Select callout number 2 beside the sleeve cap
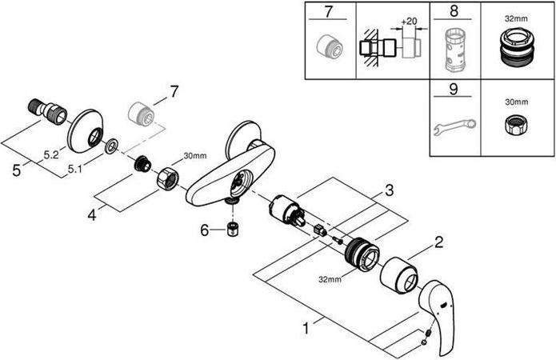pos(438,241)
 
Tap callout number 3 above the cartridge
pos(388,190)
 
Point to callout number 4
pos(92,215)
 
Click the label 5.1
pos(75,169)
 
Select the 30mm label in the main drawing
pos(194,155)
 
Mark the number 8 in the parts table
pos(453,12)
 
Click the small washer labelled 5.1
pos(110,146)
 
